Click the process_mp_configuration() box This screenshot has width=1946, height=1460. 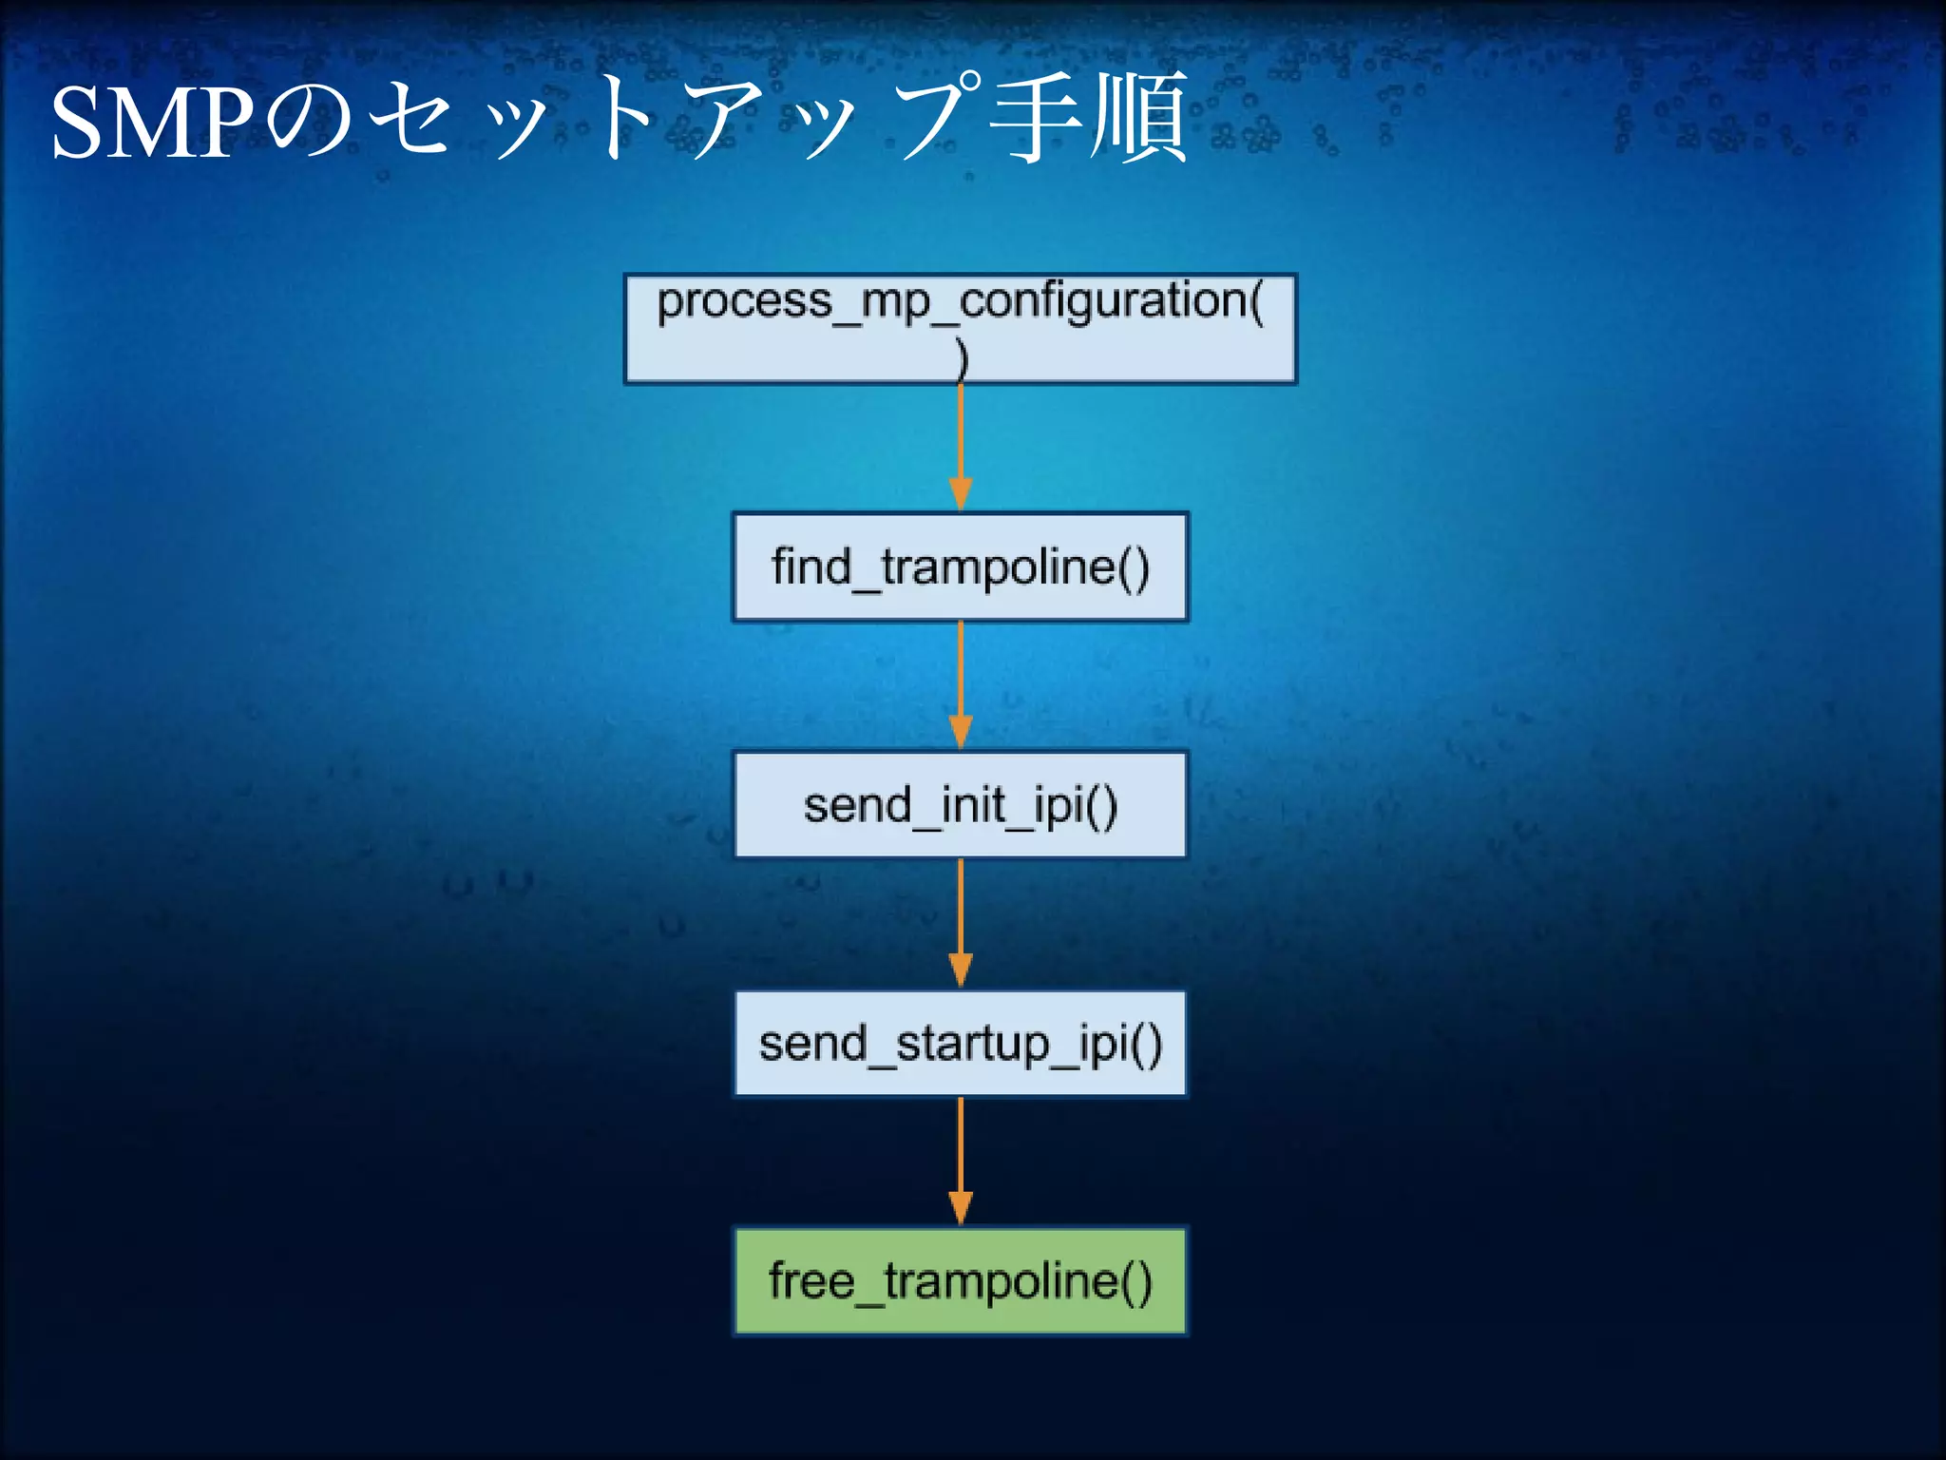coord(960,329)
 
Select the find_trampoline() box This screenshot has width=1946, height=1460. coord(960,567)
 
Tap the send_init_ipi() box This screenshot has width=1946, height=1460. coord(960,806)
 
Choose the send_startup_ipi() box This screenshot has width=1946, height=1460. coord(960,1044)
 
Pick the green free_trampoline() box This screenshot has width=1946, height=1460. coord(960,1281)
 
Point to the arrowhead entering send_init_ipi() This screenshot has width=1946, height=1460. coord(961,733)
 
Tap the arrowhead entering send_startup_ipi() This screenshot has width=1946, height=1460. coord(961,970)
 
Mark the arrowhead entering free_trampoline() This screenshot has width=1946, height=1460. coord(961,1208)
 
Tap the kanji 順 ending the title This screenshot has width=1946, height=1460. coord(1138,120)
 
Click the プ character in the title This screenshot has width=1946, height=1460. coord(936,119)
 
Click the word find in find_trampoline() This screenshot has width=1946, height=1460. coord(811,567)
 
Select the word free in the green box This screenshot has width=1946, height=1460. coord(811,1280)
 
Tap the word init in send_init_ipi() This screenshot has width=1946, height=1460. coord(973,805)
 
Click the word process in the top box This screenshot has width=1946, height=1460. coord(744,302)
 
